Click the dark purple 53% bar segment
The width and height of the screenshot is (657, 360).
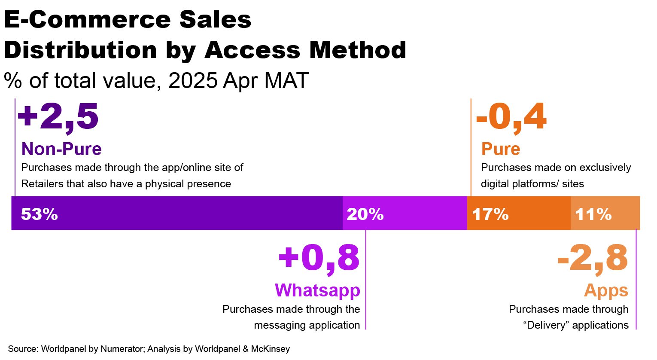point(176,214)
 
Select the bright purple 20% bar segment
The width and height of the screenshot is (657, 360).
point(405,214)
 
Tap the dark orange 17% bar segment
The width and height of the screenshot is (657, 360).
point(519,214)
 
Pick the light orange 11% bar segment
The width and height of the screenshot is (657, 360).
point(605,214)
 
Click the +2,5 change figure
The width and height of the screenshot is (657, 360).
point(58,116)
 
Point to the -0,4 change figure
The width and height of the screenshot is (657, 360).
point(511,116)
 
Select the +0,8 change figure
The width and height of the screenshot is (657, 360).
point(319,258)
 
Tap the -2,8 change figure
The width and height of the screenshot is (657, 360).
point(593,258)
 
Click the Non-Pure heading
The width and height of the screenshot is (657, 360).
point(61,149)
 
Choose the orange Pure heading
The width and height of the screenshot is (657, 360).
point(501,149)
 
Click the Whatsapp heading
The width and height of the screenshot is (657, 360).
point(317,290)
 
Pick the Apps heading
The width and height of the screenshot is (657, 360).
point(606,291)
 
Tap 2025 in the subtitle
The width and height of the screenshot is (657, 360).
point(193,80)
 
